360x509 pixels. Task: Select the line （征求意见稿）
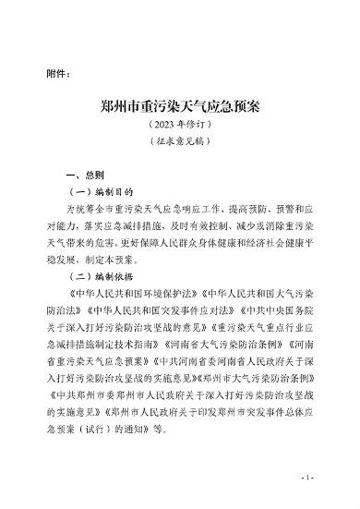180,143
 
